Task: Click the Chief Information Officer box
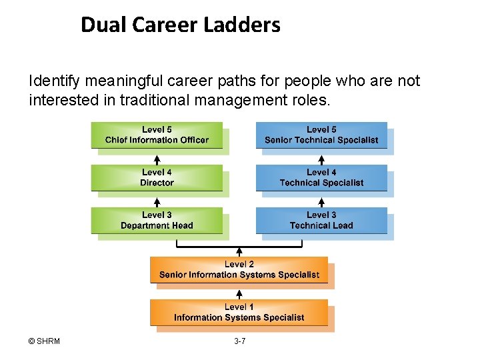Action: (x=157, y=135)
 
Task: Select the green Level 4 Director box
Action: (x=157, y=177)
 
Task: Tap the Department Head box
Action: (x=157, y=220)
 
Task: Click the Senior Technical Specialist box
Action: (x=321, y=135)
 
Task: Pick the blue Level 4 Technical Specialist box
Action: (x=321, y=177)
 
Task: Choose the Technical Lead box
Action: (x=321, y=220)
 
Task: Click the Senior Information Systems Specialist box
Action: (x=239, y=269)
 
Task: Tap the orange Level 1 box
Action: (x=239, y=312)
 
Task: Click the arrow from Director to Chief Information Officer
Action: (x=157, y=159)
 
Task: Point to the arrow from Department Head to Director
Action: (x=157, y=202)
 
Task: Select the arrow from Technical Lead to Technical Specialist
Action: (x=321, y=202)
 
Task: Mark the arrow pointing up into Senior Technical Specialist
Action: (x=321, y=159)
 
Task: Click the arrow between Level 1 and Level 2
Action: (x=239, y=293)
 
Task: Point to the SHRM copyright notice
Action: (x=44, y=341)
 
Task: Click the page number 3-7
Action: (x=239, y=341)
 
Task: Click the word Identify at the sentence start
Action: (x=53, y=81)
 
